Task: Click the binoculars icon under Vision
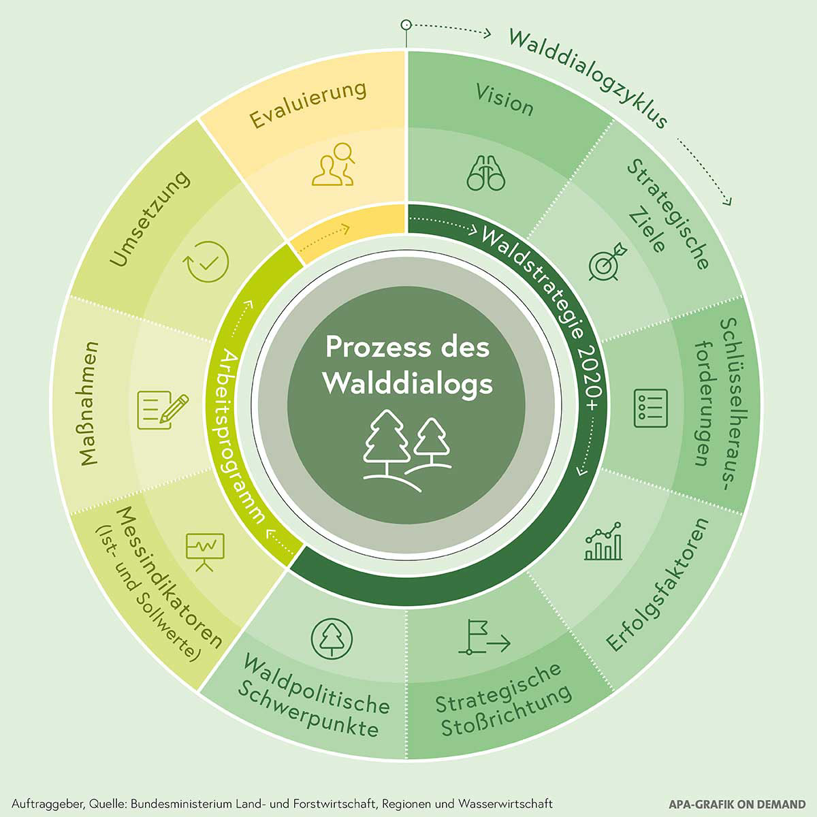486,173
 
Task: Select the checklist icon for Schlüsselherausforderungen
650,408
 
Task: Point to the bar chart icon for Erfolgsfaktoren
603,542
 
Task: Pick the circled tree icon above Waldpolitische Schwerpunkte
332,637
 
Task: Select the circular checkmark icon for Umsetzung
208,261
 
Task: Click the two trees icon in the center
407,445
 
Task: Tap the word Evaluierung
308,105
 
